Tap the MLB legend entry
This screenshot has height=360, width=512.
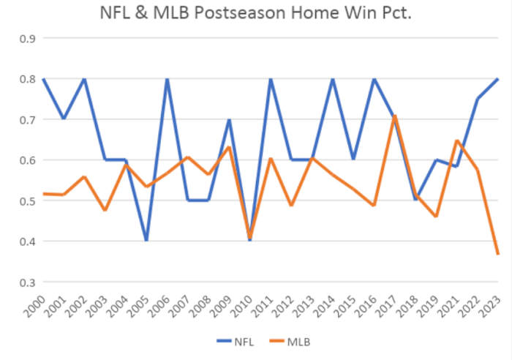pyautogui.click(x=295, y=341)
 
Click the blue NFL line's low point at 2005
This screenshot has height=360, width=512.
pyautogui.click(x=146, y=240)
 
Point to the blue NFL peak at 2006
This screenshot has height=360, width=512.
pyautogui.click(x=167, y=78)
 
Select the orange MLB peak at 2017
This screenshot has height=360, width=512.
pyautogui.click(x=395, y=116)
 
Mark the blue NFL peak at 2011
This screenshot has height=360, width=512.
pyautogui.click(x=271, y=78)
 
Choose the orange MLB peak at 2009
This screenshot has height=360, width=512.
pyautogui.click(x=230, y=148)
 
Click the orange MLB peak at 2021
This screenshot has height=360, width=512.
pyautogui.click(x=457, y=140)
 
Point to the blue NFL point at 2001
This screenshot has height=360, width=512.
pyautogui.click(x=64, y=119)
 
